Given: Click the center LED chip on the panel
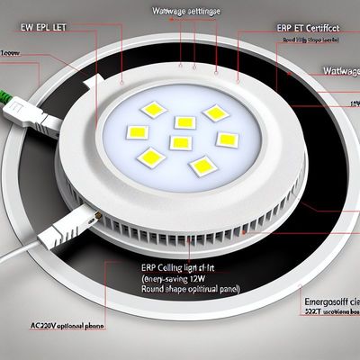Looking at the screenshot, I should click(181, 142).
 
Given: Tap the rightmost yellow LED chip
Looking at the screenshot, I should click(227, 139).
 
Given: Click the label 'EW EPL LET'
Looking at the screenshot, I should click(43, 29).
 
